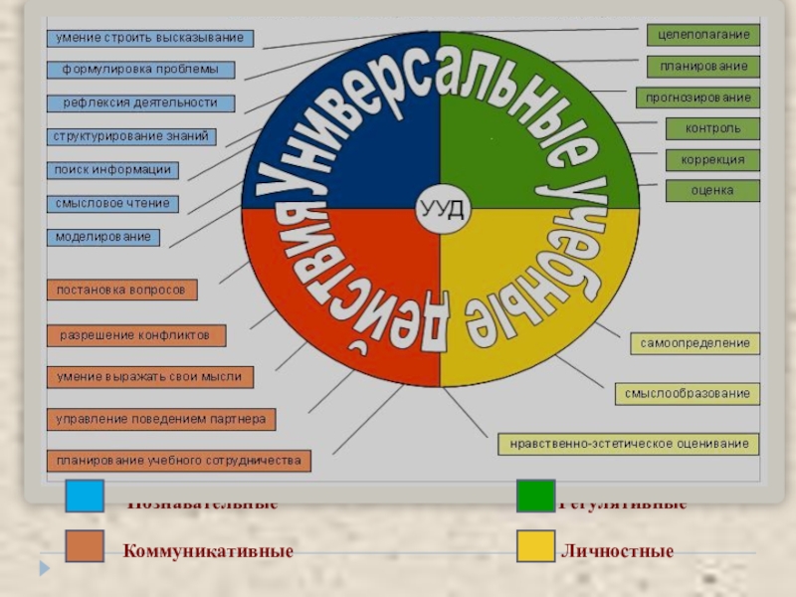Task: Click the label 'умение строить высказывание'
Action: tap(150, 38)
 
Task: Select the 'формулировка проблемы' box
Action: tap(141, 71)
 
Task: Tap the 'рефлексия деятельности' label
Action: tap(140, 102)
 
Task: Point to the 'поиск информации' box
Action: tap(112, 170)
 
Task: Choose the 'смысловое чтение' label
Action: tap(112, 204)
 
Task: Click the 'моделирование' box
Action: tap(102, 238)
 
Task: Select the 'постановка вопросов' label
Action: tap(121, 290)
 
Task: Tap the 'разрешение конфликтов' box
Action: tap(135, 335)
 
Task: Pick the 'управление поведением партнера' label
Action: tap(160, 419)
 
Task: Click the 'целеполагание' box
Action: tap(703, 35)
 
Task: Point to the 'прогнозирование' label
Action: tap(697, 98)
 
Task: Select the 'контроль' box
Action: tap(712, 128)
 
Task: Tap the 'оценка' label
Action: tap(712, 190)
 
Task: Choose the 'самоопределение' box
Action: tap(695, 343)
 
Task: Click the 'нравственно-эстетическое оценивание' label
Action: tap(629, 444)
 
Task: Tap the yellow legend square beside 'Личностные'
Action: tap(535, 548)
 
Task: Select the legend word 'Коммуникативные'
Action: tap(208, 550)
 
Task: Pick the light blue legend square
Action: tap(85, 497)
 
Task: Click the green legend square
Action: tap(535, 497)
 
